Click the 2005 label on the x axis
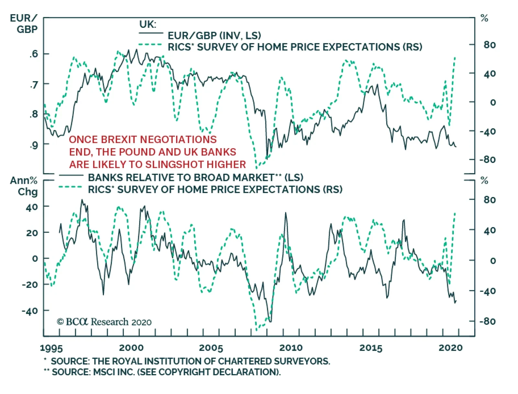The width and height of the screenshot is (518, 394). click(x=211, y=348)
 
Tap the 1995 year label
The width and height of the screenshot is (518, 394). click(x=51, y=348)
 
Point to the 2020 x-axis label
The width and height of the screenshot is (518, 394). click(x=450, y=348)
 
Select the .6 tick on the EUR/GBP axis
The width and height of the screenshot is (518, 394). click(x=33, y=54)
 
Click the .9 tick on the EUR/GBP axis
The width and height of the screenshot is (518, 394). click(x=33, y=145)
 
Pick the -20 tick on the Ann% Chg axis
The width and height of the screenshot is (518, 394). click(x=30, y=285)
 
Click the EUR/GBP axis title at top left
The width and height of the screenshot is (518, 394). click(x=24, y=24)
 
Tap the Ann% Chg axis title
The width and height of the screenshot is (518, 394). click(x=24, y=186)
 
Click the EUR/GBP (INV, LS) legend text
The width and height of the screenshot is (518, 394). click(x=214, y=35)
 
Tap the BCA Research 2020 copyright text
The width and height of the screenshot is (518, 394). click(x=104, y=322)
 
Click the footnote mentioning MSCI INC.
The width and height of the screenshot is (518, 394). click(x=163, y=372)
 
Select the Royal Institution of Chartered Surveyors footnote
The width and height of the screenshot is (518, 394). click(x=187, y=361)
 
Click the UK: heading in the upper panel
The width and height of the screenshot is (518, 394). click(x=148, y=24)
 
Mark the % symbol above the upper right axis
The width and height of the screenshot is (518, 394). click(x=484, y=18)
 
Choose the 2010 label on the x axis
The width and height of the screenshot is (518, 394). click(x=291, y=348)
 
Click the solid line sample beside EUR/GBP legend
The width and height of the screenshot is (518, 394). click(x=151, y=33)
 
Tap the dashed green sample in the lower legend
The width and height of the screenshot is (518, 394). click(x=70, y=187)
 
